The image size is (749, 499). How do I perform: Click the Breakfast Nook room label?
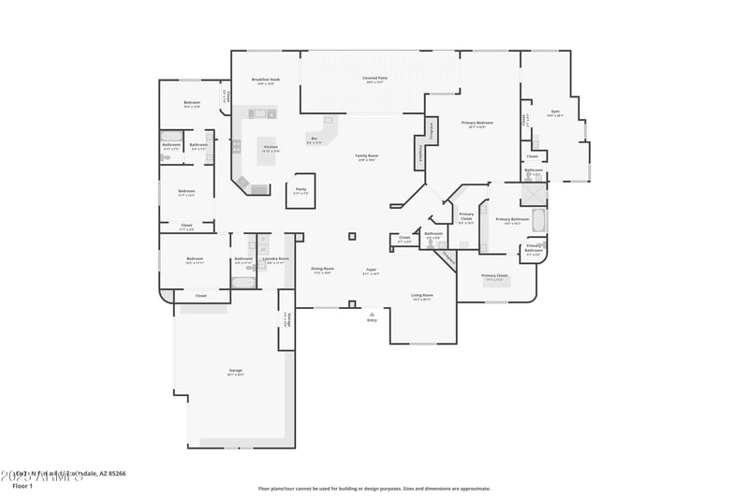(x=266, y=80)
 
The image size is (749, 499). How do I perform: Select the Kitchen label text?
(x=270, y=147)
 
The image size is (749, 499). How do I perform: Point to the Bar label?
(x=314, y=139)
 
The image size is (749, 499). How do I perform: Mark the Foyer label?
(x=371, y=270)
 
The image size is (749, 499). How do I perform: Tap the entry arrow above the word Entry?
(x=372, y=313)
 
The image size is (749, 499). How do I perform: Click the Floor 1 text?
(x=22, y=486)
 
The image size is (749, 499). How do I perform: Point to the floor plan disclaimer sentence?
(x=374, y=488)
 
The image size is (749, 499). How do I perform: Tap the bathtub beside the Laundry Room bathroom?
(x=242, y=282)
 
